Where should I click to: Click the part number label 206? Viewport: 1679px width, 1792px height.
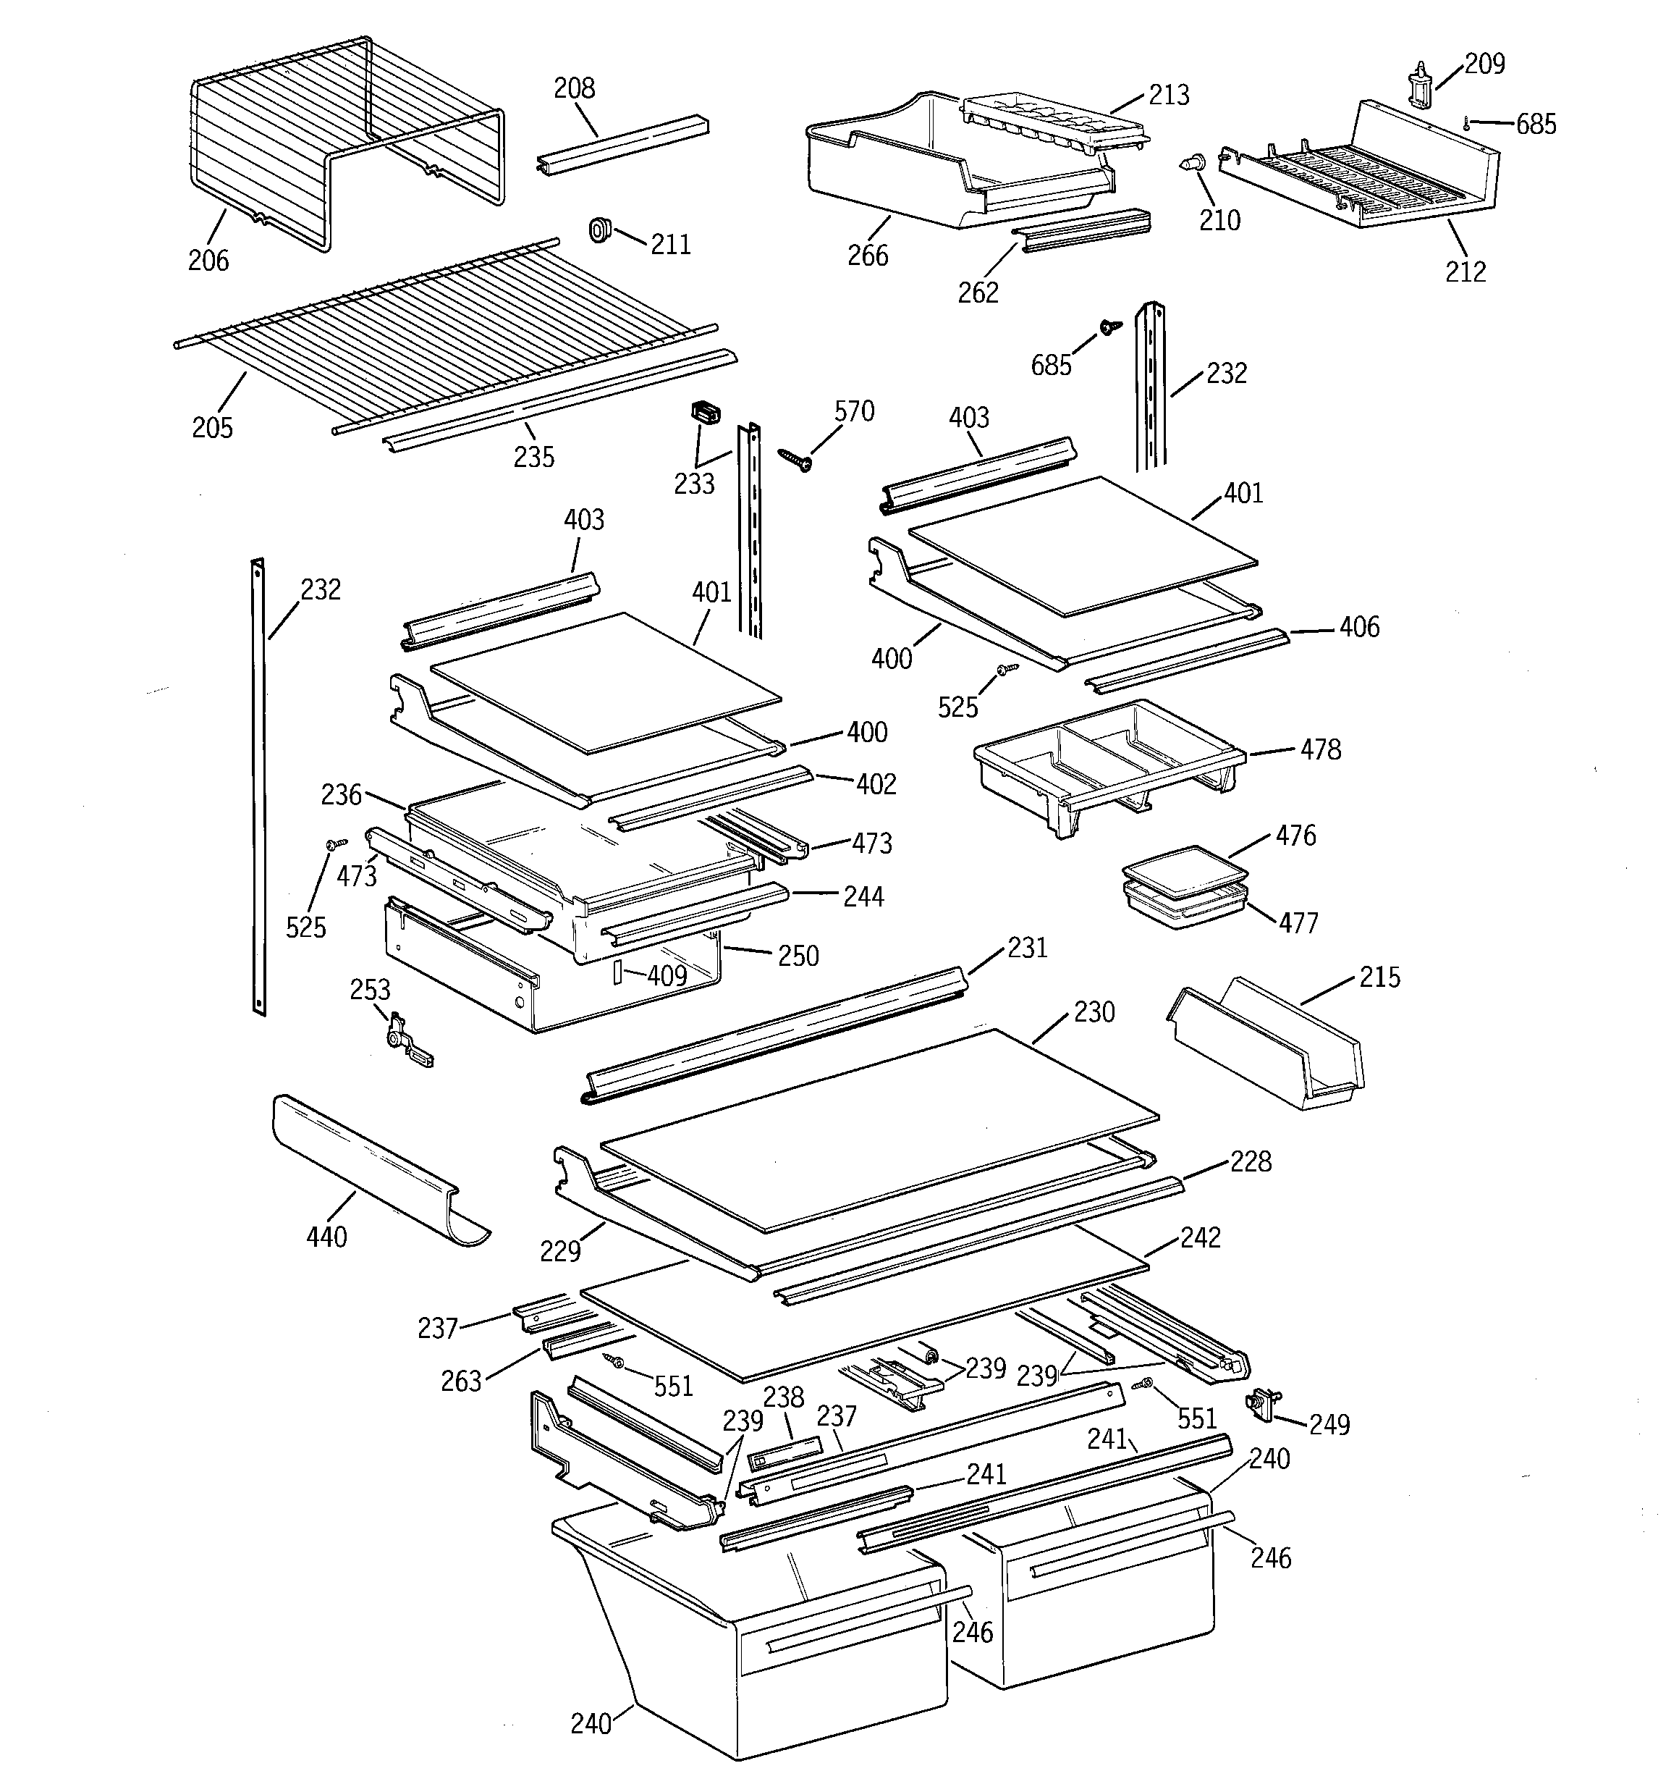[208, 261]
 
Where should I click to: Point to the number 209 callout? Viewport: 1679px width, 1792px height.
[1484, 64]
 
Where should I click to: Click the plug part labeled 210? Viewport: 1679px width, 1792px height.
[1193, 166]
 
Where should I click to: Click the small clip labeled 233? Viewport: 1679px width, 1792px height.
[706, 413]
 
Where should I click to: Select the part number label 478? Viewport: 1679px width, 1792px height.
[1320, 750]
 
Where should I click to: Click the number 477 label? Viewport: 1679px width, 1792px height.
[1298, 923]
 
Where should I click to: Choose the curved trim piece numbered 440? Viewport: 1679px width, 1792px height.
[378, 1171]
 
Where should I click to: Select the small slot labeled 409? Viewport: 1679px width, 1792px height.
[617, 972]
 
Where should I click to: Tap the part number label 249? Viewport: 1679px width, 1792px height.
[1329, 1424]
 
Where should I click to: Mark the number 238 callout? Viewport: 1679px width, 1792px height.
[783, 1398]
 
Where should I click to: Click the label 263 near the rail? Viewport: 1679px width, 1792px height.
[460, 1381]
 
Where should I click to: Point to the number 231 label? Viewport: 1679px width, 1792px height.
[1028, 947]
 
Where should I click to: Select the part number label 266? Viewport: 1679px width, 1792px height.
[868, 256]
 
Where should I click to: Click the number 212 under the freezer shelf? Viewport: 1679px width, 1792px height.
[1466, 272]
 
